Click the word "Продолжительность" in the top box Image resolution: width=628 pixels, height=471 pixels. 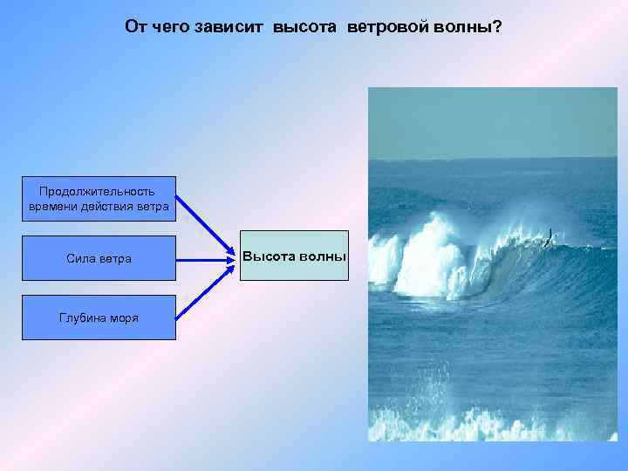(x=98, y=191)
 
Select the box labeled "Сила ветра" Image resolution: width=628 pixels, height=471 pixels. (x=99, y=258)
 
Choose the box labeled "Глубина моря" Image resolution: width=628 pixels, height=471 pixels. (x=99, y=317)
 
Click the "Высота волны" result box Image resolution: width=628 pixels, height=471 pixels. (x=294, y=256)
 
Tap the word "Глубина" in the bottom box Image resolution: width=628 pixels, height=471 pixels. (x=81, y=317)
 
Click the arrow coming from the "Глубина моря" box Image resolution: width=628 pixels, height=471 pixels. (x=205, y=290)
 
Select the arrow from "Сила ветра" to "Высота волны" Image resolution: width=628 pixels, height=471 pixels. (x=206, y=258)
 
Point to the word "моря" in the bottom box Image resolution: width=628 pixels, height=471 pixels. (x=121, y=317)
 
